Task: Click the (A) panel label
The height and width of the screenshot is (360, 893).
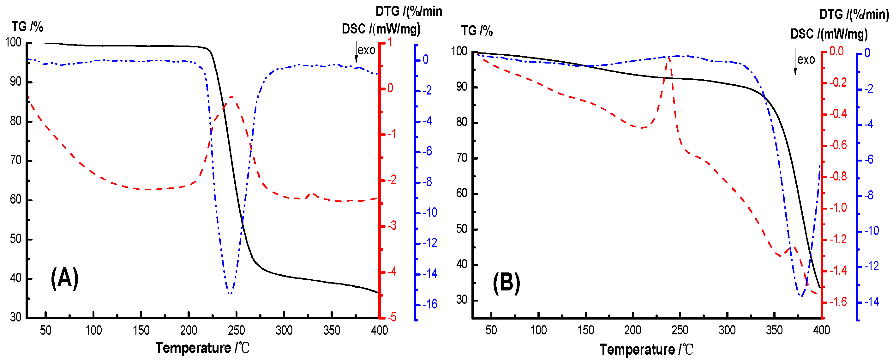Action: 64,278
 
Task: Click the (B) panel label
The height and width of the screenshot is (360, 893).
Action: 506,283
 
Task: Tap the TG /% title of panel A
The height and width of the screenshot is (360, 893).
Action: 27,27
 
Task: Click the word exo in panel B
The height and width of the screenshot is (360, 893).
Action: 806,60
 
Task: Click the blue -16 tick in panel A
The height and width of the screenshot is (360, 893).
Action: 430,304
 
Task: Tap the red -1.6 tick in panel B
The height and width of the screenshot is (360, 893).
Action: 837,302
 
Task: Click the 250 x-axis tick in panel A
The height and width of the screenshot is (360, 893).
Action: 237,330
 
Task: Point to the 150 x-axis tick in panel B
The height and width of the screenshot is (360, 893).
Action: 585,330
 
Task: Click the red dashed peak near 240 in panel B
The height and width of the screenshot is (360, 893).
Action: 668,57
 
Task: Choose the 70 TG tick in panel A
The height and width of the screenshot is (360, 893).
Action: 16,160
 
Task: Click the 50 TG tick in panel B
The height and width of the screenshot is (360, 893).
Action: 461,229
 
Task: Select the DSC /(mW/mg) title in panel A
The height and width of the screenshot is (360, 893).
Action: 381,29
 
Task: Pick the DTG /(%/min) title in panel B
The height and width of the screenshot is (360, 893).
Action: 854,14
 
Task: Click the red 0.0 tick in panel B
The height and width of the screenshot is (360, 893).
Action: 836,51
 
